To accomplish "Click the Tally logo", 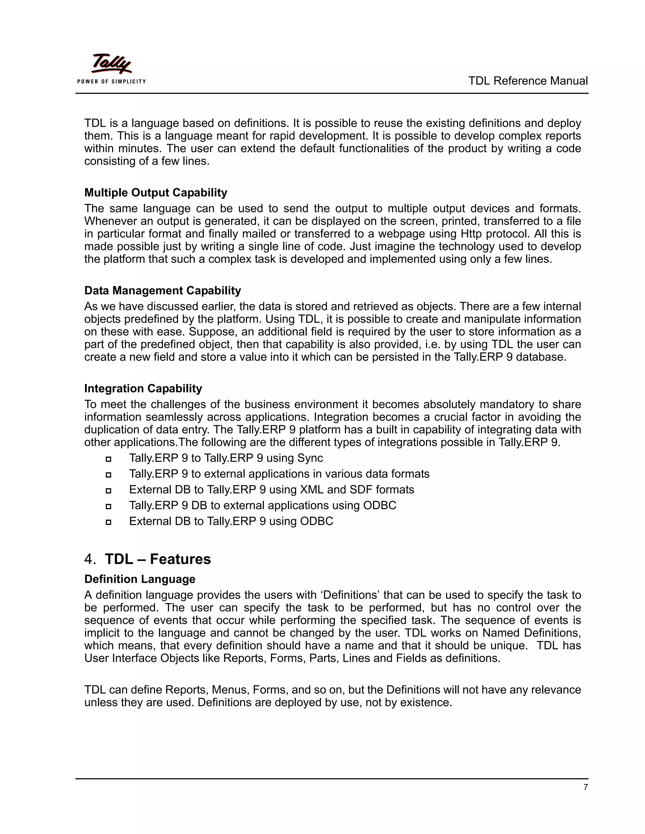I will [x=111, y=64].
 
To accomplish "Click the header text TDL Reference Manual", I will [x=528, y=81].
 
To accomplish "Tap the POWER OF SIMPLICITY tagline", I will [x=111, y=81].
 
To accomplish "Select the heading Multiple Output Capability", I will [x=156, y=193].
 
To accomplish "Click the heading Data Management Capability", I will [x=163, y=290].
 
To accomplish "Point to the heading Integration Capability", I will [x=143, y=388].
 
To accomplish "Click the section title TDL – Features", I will [x=157, y=559].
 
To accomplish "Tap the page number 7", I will [x=585, y=787].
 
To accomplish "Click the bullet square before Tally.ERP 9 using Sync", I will [x=108, y=459].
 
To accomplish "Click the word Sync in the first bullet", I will [x=310, y=458].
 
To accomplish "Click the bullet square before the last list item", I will [x=108, y=521].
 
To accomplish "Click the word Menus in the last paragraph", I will [x=227, y=690].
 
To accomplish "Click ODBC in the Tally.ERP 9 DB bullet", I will [x=380, y=506].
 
